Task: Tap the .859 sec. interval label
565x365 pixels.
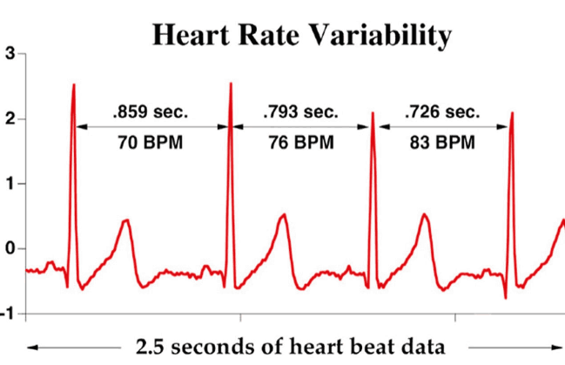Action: (x=150, y=112)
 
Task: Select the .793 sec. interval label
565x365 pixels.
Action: (x=299, y=112)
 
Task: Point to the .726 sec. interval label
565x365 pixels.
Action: (x=442, y=112)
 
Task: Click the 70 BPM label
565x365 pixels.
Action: (x=150, y=142)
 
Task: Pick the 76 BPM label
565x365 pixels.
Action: (x=299, y=142)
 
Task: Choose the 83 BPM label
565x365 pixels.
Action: (x=442, y=142)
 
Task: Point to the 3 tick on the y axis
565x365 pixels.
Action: (x=9, y=53)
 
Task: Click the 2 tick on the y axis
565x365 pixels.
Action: (x=9, y=118)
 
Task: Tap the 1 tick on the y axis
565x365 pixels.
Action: (x=9, y=183)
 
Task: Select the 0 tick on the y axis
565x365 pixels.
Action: (x=9, y=248)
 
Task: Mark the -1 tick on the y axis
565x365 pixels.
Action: (x=7, y=313)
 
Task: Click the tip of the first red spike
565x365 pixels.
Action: (x=74, y=85)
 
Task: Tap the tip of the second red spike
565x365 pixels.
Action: (x=231, y=84)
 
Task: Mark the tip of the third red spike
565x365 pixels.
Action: (x=373, y=112)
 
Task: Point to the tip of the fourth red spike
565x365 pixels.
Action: (x=511, y=112)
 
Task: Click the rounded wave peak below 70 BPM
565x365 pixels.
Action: (x=125, y=220)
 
